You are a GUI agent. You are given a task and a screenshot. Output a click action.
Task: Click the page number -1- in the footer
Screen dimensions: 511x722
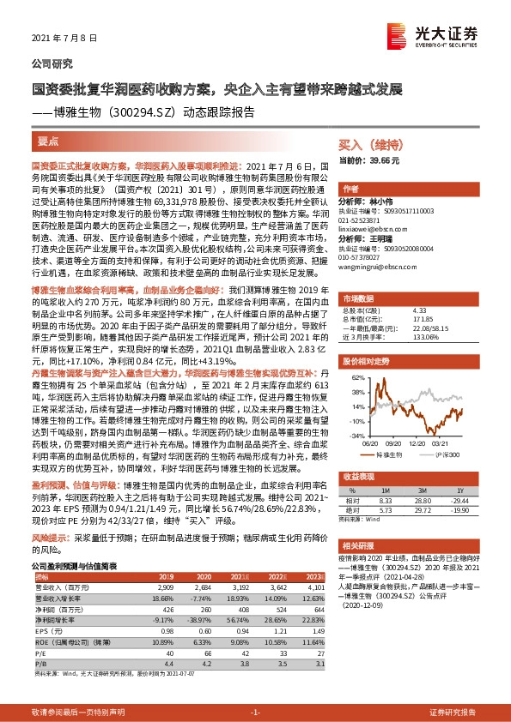point(255,713)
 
